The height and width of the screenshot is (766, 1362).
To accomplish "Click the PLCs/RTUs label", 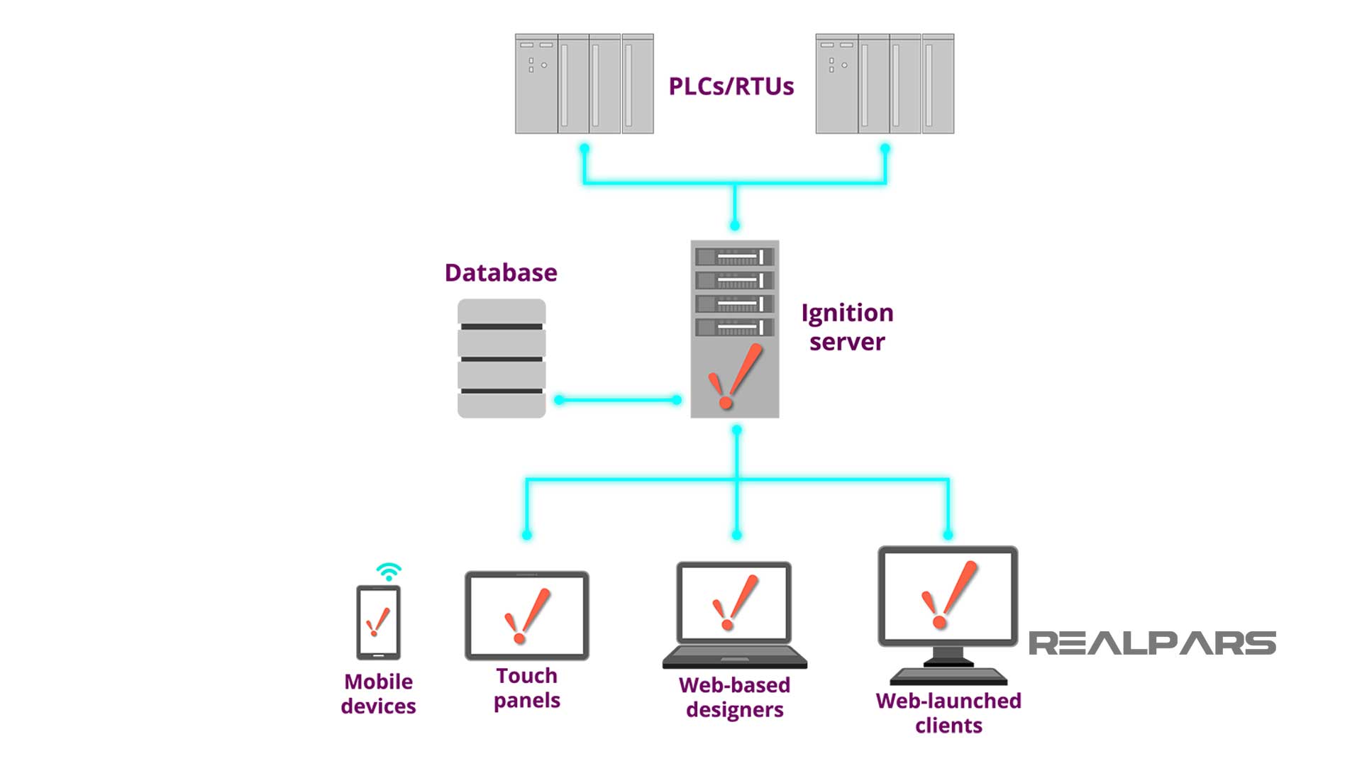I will (x=731, y=87).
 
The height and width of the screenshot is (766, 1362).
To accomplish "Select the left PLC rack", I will (x=584, y=84).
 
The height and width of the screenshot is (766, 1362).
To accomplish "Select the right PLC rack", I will (x=885, y=84).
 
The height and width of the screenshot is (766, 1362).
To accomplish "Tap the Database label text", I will (x=501, y=273).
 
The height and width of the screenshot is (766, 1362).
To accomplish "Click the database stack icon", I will (x=502, y=358).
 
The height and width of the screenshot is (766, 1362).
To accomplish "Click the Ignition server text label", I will (x=847, y=327).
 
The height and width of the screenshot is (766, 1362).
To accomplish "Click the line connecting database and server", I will (x=618, y=400).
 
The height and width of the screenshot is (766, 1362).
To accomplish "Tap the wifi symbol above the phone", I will (x=389, y=572).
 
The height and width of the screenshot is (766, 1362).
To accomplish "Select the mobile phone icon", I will (x=378, y=622).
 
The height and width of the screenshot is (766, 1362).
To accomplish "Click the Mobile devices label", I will (x=378, y=694).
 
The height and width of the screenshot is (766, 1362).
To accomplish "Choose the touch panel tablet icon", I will (x=526, y=616).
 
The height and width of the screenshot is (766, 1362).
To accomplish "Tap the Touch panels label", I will (x=526, y=688).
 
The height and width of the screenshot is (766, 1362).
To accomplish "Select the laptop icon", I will (x=734, y=614).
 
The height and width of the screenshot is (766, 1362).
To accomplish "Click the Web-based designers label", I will (x=734, y=697).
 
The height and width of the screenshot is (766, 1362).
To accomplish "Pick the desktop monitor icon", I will (x=948, y=610).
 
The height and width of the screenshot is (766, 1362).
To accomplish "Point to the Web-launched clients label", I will (x=948, y=713).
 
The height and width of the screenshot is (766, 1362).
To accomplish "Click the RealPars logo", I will (x=1152, y=643).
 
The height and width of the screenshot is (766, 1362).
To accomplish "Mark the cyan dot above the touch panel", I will (x=526, y=535).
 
